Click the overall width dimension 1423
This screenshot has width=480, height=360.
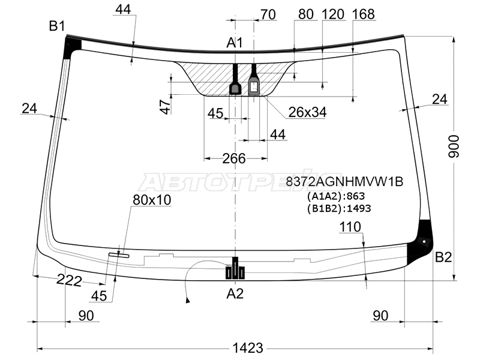coord(248,348)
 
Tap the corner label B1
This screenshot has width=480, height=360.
coord(57,26)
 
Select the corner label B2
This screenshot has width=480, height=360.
coord(443,257)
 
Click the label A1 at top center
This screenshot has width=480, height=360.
coord(235,43)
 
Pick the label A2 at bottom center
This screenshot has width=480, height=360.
coord(235,293)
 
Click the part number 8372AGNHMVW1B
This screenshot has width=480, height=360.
coord(344,182)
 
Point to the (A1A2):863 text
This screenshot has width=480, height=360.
coord(336,196)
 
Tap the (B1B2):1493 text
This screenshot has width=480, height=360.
coord(339,208)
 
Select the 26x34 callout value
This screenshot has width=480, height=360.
coord(307,112)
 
